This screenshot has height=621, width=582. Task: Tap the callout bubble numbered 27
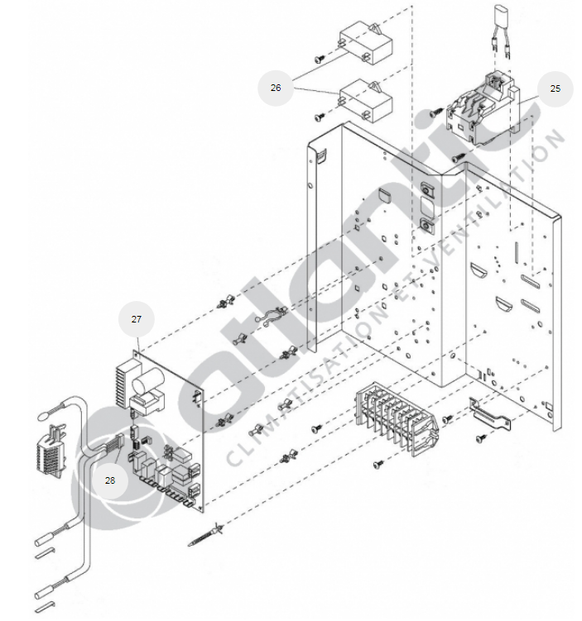[x=137, y=318]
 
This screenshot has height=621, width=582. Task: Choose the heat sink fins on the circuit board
[x=125, y=381]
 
